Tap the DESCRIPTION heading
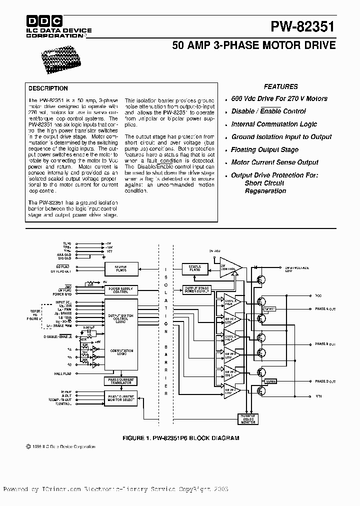(x=48, y=88)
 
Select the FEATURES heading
(x=280, y=86)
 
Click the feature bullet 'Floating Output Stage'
(x=264, y=149)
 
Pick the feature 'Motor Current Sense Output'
(x=274, y=162)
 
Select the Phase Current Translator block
(x=120, y=381)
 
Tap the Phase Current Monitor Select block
(x=120, y=398)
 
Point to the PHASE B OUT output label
(x=325, y=344)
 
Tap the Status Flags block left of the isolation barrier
(x=120, y=268)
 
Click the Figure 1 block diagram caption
(x=180, y=437)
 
